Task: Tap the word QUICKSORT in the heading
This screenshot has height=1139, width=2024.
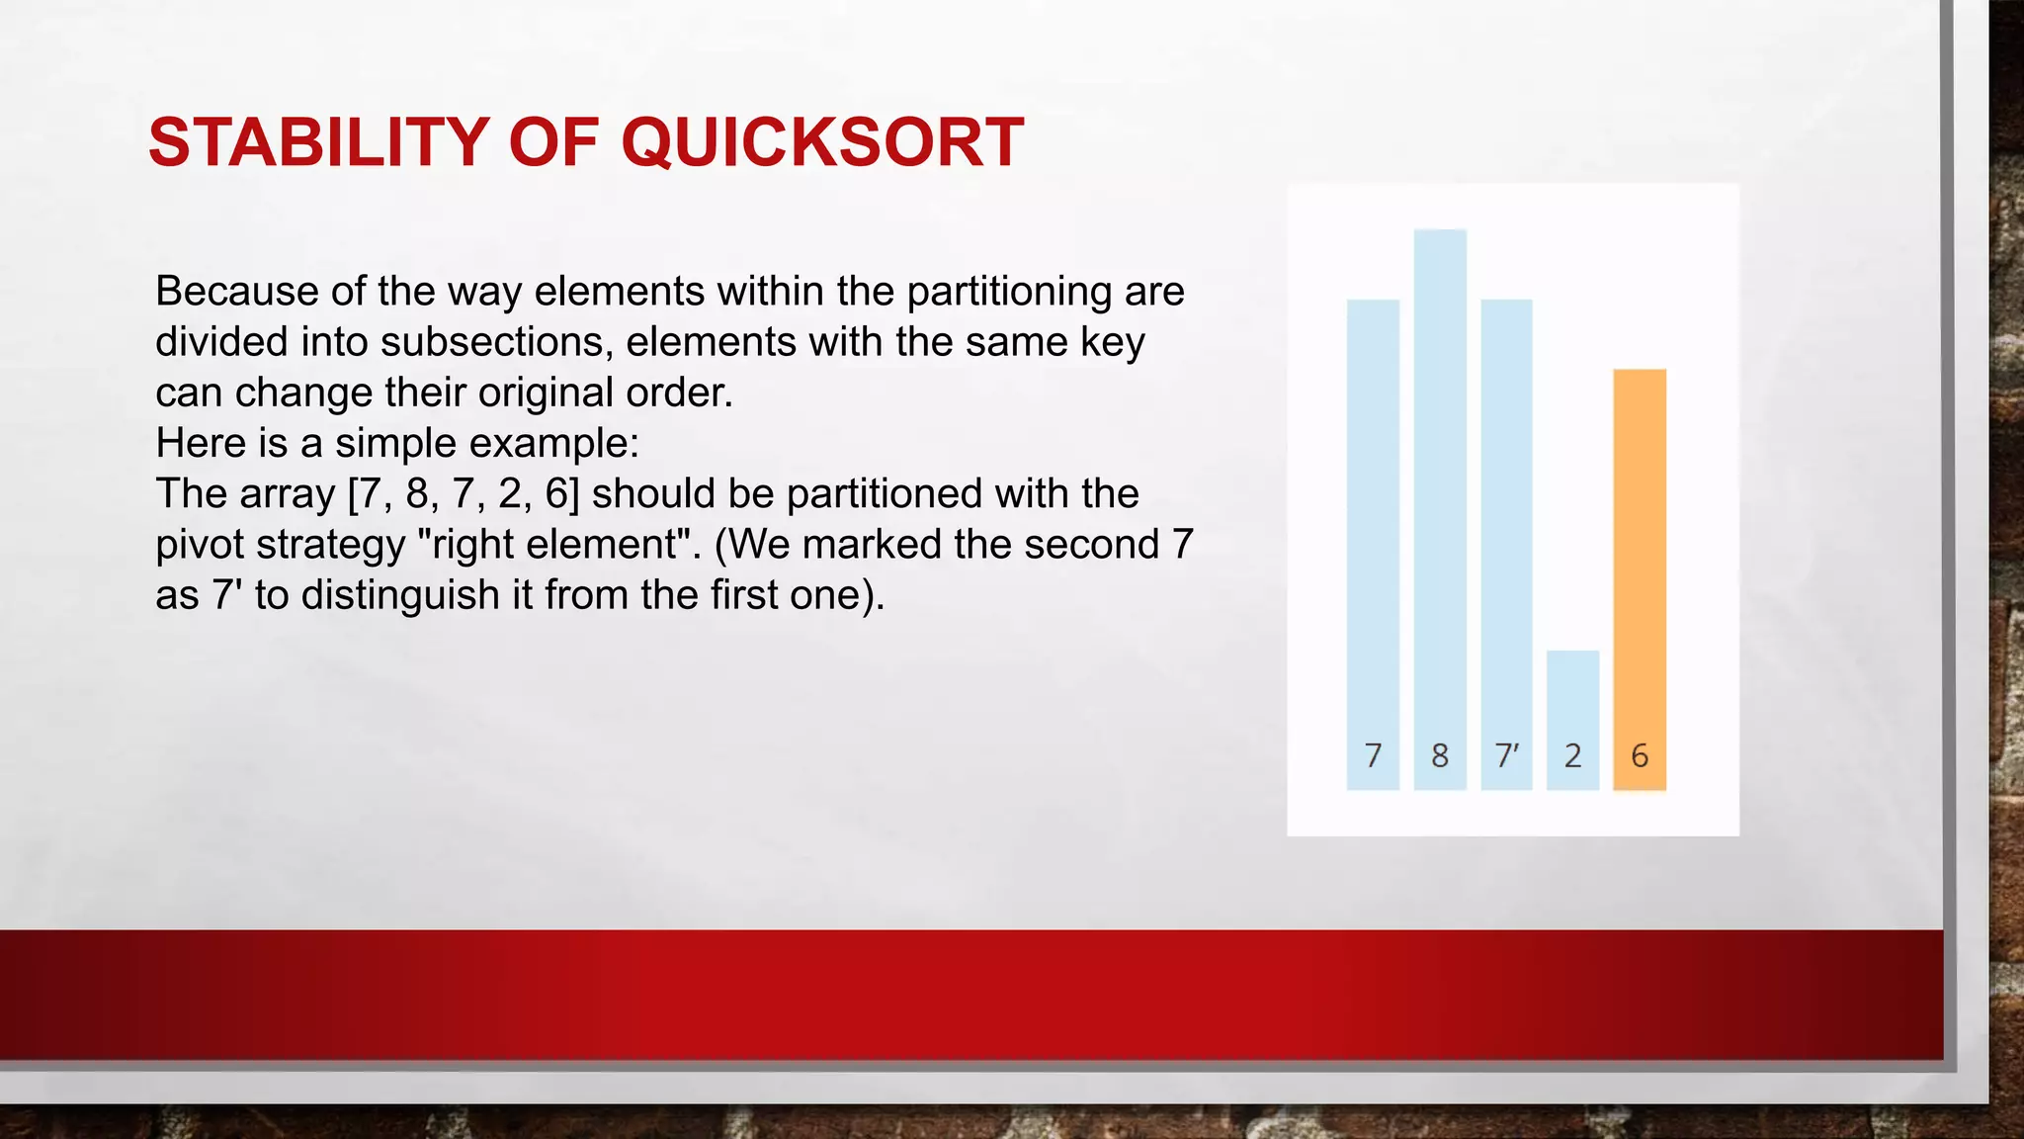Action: tap(822, 142)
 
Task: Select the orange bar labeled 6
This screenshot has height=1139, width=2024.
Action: tap(1640, 554)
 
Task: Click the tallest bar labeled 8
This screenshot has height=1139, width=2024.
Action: tap(1440, 475)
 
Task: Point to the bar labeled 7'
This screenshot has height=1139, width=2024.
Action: tap(1506, 514)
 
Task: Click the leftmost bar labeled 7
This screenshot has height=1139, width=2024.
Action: tap(1373, 514)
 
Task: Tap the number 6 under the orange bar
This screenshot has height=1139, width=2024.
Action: tap(1640, 756)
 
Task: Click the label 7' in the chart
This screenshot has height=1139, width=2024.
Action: tap(1506, 756)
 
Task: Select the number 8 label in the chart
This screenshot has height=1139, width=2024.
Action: tap(1440, 756)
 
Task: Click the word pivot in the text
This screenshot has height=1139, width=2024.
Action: tap(199, 545)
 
